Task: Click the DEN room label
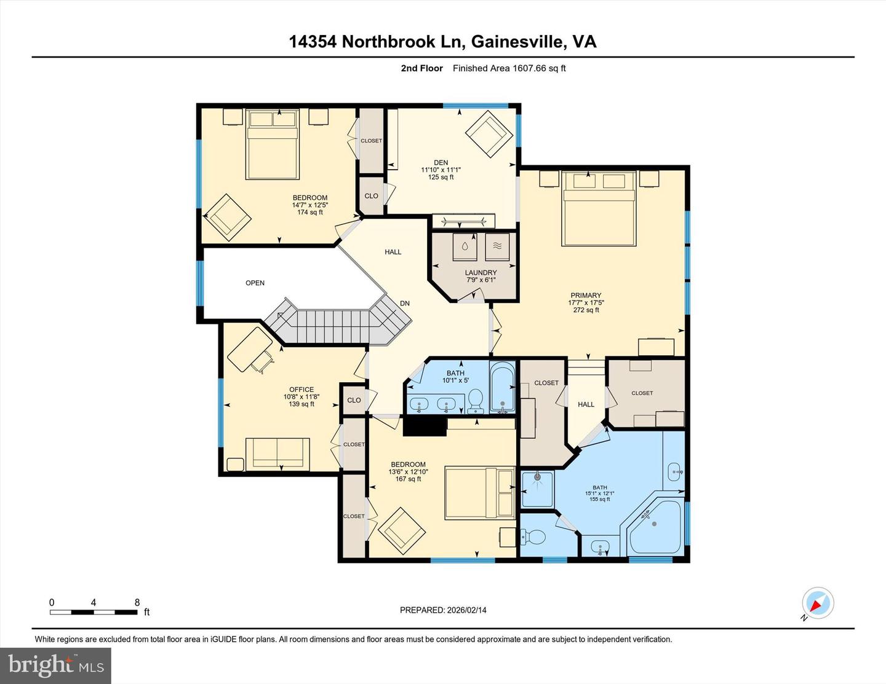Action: click(441, 163)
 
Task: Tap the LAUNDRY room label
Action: click(481, 273)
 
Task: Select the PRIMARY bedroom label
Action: click(585, 296)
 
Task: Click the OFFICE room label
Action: click(301, 390)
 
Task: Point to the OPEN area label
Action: click(255, 283)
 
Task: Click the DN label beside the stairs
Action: click(405, 304)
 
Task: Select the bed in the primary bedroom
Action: click(598, 209)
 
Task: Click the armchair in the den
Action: click(489, 134)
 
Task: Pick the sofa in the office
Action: click(277, 454)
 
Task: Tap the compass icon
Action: click(818, 603)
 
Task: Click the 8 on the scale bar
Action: click(137, 603)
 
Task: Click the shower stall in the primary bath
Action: click(537, 489)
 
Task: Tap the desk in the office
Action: click(250, 348)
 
